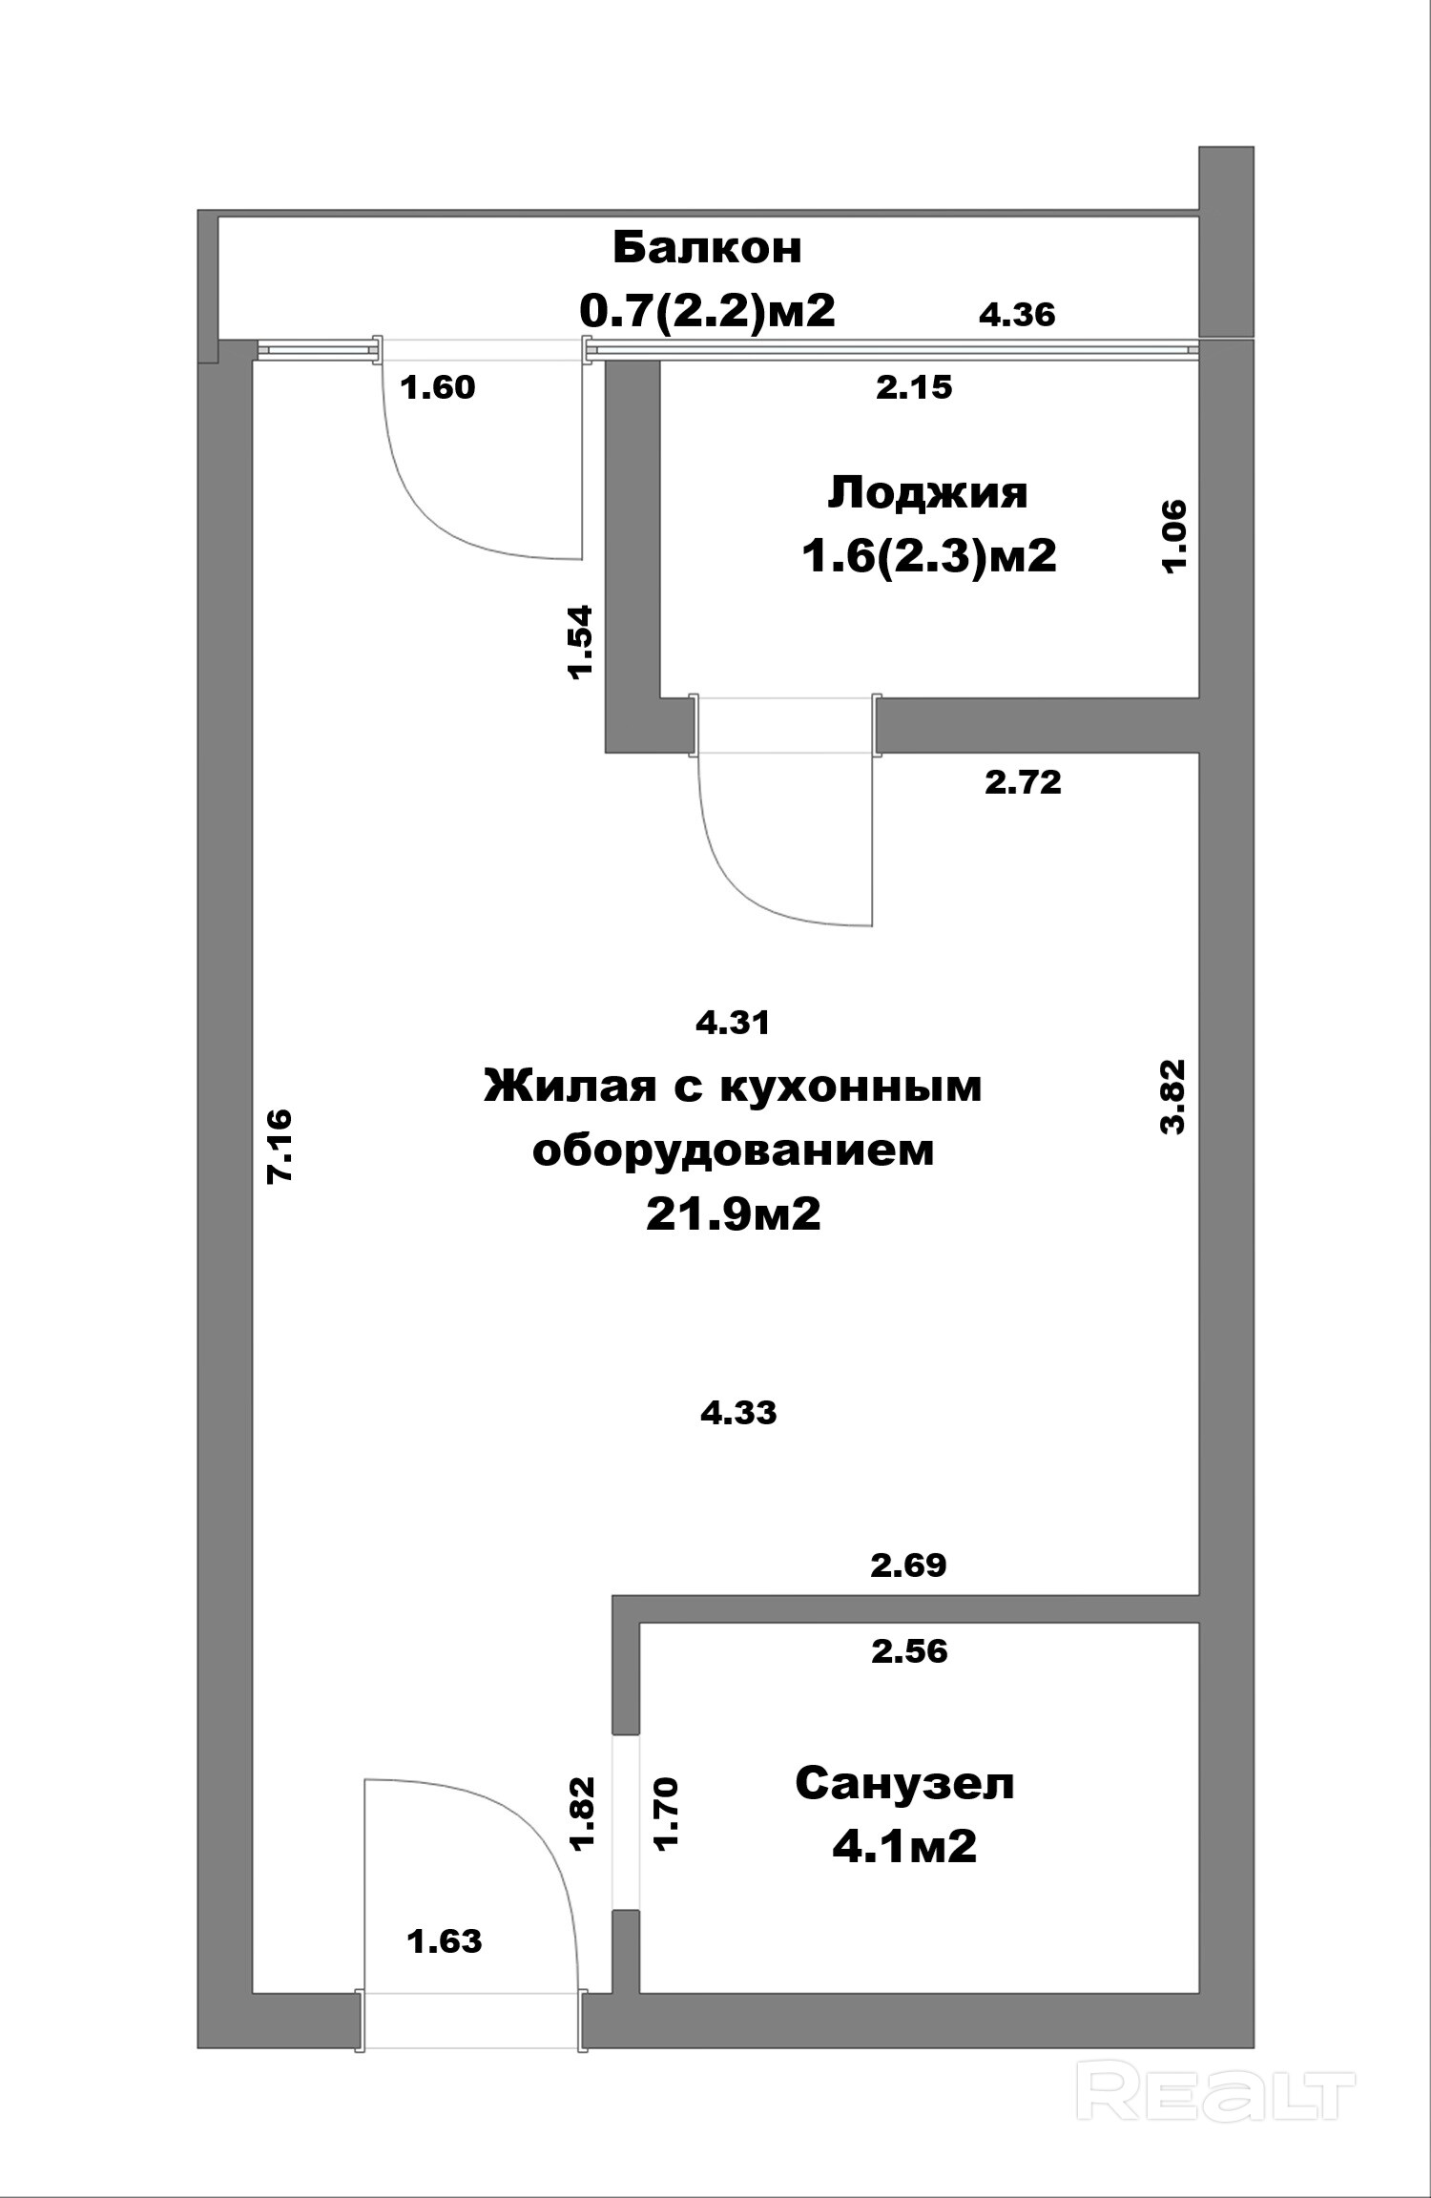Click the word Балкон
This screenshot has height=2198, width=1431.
(x=707, y=248)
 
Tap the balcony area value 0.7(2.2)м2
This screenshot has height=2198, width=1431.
(x=707, y=311)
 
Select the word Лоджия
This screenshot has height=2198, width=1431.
(x=927, y=493)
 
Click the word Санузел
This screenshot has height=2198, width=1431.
(x=904, y=1783)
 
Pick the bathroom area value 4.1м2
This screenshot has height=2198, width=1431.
(x=904, y=1846)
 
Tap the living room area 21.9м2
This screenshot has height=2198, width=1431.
(x=733, y=1214)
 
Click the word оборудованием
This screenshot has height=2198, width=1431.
(x=733, y=1151)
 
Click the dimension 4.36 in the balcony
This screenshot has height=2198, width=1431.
(x=1017, y=315)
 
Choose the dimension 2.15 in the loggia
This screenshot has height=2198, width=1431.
(x=914, y=387)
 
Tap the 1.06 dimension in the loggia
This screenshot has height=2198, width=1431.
(x=1173, y=535)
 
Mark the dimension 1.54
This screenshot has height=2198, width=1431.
(x=580, y=640)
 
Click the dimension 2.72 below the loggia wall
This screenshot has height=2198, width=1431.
(x=1023, y=783)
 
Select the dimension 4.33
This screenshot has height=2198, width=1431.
(x=738, y=1413)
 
